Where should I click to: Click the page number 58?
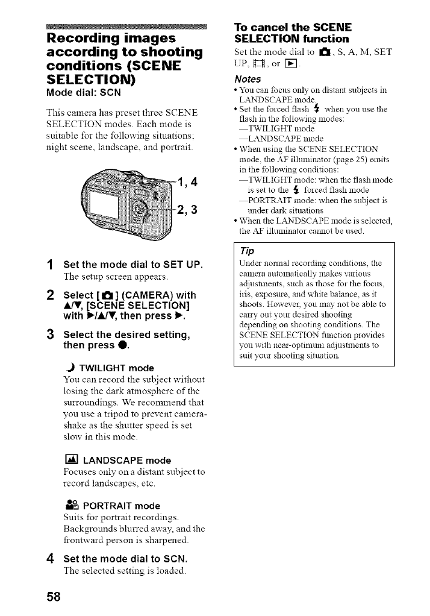click(54, 597)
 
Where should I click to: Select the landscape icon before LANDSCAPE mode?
click(70, 461)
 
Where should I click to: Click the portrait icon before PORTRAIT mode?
click(70, 505)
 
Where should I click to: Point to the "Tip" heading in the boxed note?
click(247, 251)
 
